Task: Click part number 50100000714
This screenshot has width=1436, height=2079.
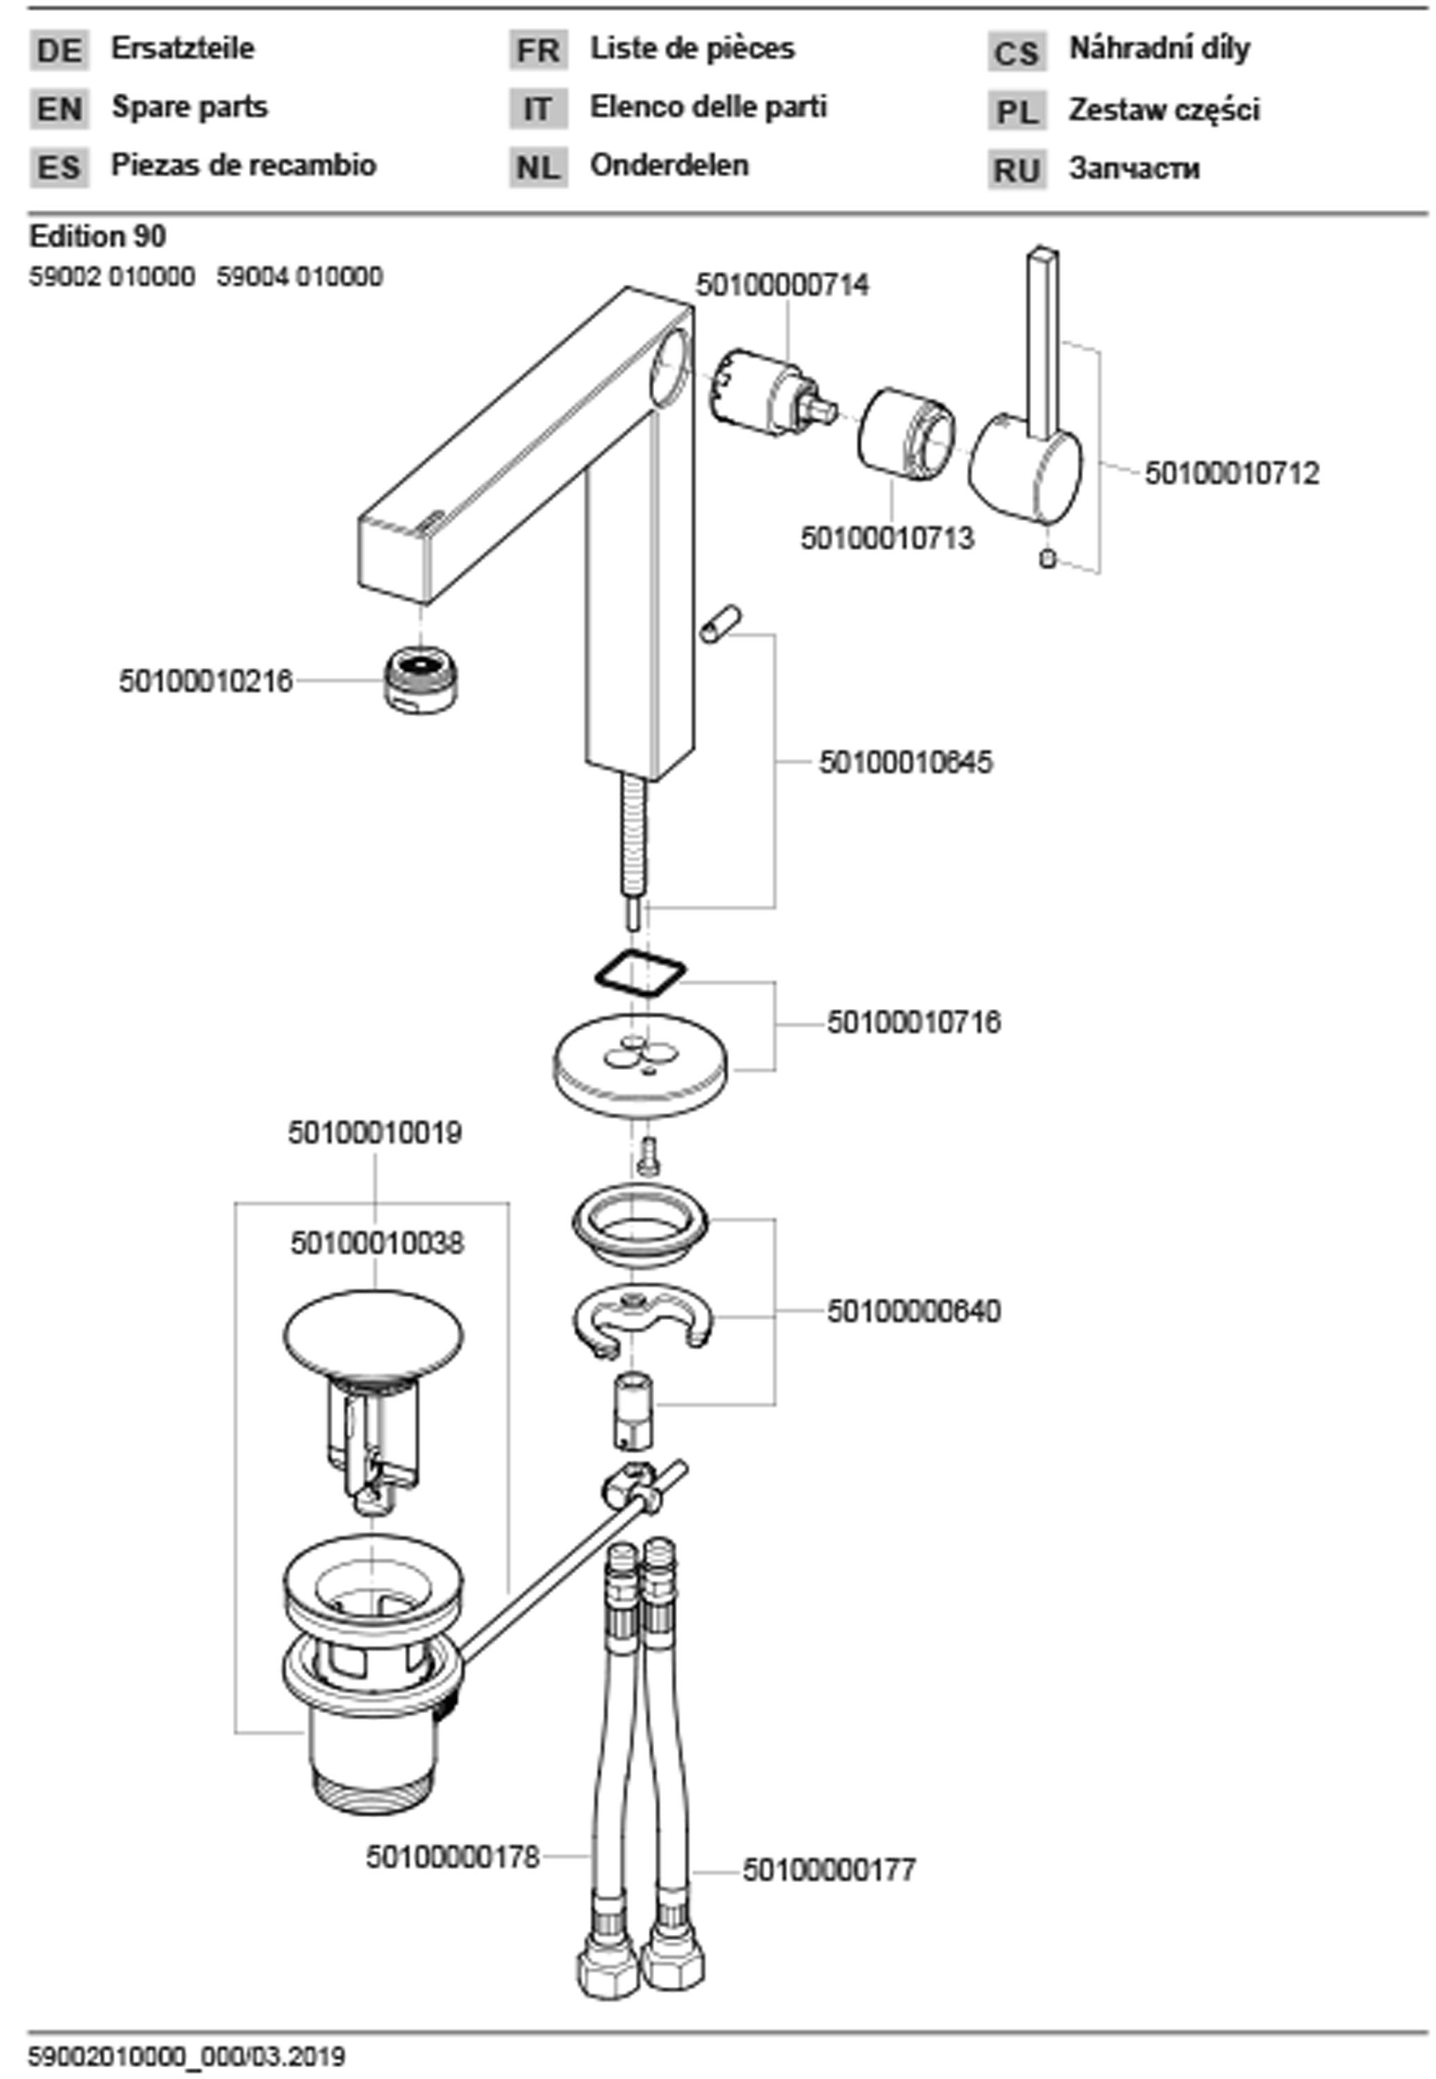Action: tap(782, 286)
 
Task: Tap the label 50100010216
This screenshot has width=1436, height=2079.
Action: tap(206, 681)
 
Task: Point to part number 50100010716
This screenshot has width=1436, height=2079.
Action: tap(913, 1023)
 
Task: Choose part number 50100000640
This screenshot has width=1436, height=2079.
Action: tap(913, 1312)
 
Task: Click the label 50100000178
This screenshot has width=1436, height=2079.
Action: tap(453, 1856)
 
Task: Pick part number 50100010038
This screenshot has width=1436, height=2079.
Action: tap(377, 1243)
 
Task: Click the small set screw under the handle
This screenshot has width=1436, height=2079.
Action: tap(1047, 559)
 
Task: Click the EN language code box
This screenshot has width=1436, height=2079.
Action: tap(60, 109)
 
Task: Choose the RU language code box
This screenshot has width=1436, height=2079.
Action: tap(1017, 169)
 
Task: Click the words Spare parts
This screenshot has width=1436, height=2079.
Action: tap(190, 107)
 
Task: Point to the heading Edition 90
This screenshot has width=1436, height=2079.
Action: tap(98, 236)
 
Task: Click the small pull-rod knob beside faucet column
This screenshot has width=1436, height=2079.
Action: tap(721, 624)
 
